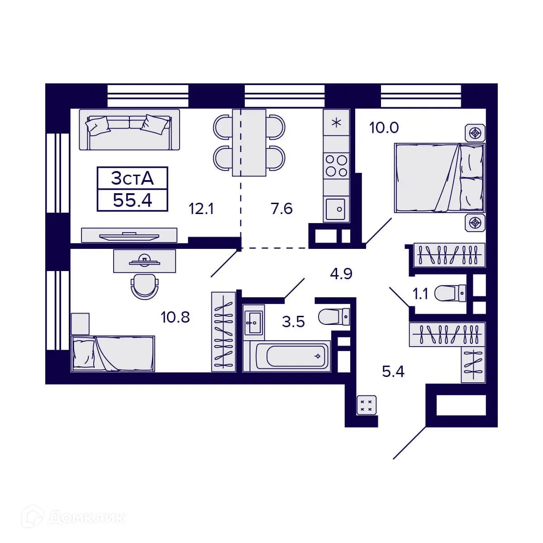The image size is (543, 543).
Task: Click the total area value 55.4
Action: [x=132, y=200]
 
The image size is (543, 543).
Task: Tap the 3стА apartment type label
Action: [x=132, y=179]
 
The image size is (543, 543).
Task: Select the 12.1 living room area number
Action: [x=201, y=209]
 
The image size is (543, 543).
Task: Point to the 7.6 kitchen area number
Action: [x=281, y=209]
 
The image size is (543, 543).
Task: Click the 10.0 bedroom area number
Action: [x=384, y=128]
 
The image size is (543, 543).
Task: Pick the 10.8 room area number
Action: [x=175, y=317]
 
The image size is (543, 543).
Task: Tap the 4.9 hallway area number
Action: [x=341, y=274]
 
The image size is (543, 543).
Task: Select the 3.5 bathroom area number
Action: [x=293, y=322]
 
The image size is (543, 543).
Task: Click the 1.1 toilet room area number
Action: [x=420, y=294]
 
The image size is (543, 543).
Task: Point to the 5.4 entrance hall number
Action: [x=393, y=372]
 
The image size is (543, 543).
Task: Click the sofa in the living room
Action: [x=129, y=129]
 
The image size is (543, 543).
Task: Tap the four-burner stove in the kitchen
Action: [x=337, y=166]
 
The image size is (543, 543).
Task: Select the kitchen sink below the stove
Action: [x=337, y=209]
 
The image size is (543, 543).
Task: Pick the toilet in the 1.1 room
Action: [x=450, y=293]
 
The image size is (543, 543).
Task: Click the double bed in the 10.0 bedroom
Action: [x=439, y=178]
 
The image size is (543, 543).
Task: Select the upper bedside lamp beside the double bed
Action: [x=475, y=133]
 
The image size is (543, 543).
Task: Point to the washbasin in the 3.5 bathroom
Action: [x=253, y=323]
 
